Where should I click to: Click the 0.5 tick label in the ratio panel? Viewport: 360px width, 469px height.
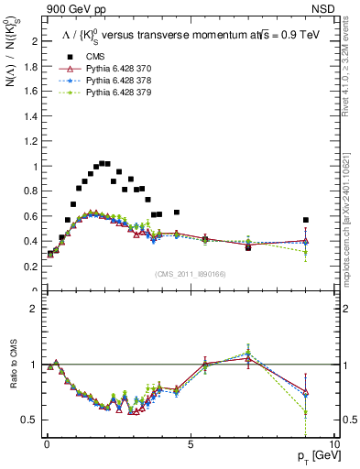(30, 420)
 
